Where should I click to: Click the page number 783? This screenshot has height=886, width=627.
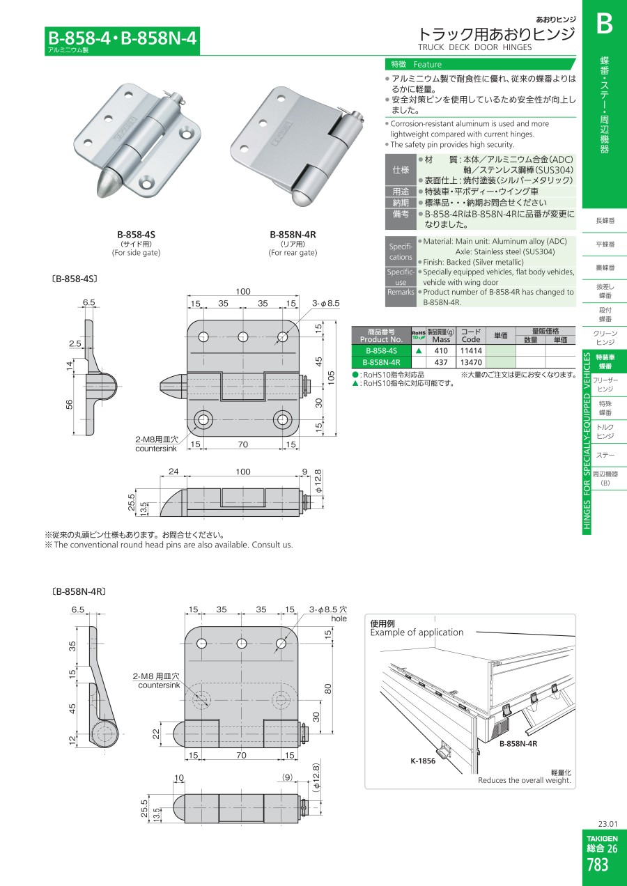pos(598,864)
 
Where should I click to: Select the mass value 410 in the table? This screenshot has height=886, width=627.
pos(441,351)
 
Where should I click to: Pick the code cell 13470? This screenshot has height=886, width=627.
pos(471,362)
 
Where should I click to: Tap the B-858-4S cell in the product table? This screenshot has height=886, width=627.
pos(381,351)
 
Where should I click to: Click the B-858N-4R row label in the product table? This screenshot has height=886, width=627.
pos(381,362)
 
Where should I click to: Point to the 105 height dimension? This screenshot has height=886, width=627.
pos(331,378)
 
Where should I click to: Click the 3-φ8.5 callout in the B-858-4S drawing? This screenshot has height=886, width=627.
pos(325,304)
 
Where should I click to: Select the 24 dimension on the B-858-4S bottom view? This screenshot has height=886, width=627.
pos(173,472)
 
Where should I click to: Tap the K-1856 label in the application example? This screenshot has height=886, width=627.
pos(423,761)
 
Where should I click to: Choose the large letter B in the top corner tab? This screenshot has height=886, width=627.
pos(604,24)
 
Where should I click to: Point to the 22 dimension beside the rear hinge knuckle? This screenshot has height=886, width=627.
pos(156,734)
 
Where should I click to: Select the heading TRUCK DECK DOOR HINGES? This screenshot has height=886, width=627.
pos(474,47)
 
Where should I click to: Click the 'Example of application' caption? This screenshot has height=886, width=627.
pos(417,632)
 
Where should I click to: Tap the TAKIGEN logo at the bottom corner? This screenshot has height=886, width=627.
pos(602,839)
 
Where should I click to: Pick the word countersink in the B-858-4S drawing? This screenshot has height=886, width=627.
pos(156,449)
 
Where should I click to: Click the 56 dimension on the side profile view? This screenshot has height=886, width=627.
pos(69,404)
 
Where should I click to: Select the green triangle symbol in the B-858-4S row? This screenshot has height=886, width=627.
pos(419,351)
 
